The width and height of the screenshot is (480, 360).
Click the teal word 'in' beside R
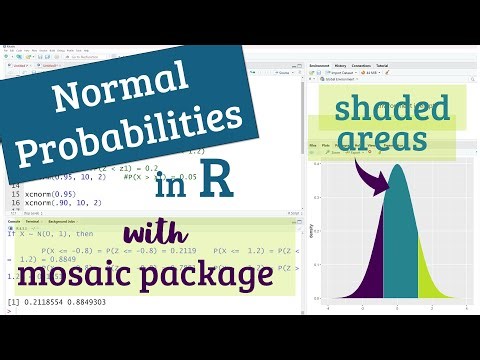[170, 186]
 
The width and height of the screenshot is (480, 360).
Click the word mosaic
[84, 270]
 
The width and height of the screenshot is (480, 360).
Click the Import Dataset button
[349, 73]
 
